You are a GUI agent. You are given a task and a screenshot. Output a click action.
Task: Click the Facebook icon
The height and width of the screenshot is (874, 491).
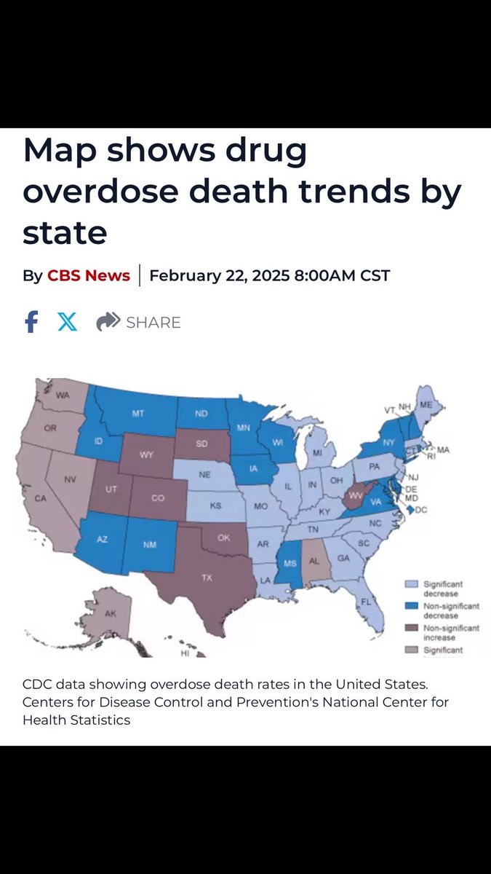31,322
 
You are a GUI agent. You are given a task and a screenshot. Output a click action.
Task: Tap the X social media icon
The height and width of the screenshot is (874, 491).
67,322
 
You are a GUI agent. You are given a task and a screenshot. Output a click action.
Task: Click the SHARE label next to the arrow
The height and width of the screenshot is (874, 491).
153,323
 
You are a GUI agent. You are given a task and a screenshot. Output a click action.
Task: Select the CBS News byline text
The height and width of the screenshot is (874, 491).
89,275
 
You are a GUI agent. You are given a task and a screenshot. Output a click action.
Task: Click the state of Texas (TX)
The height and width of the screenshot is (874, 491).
207,578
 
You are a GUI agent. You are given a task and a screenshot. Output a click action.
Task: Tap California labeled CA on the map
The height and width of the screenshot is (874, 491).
40,498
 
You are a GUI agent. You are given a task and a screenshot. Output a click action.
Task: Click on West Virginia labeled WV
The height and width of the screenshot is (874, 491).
356,495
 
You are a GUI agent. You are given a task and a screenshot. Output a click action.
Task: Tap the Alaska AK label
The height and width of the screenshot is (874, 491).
110,614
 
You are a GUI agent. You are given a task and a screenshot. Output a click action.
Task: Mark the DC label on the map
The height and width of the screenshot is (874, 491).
420,511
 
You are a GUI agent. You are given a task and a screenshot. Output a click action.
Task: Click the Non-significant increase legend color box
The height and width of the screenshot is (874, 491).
412,629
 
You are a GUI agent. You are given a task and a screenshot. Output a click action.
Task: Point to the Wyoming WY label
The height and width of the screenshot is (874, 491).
147,454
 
